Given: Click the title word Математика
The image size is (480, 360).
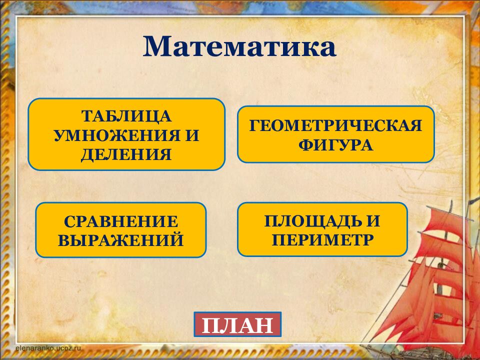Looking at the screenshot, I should (239, 47).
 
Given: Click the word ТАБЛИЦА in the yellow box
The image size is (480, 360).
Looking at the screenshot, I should (126, 116).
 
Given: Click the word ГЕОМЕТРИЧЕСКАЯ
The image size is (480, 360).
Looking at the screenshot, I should (335, 125).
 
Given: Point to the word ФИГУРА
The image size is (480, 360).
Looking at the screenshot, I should (335, 145).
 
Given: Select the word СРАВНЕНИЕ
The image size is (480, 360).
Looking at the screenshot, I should (121, 221).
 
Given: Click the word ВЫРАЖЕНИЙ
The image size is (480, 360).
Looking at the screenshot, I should (121, 240).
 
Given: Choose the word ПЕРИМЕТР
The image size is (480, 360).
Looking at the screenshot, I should (322, 239).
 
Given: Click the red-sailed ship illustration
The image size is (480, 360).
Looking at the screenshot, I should (430, 280).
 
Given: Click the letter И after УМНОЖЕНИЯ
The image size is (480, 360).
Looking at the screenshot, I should (192, 135).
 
